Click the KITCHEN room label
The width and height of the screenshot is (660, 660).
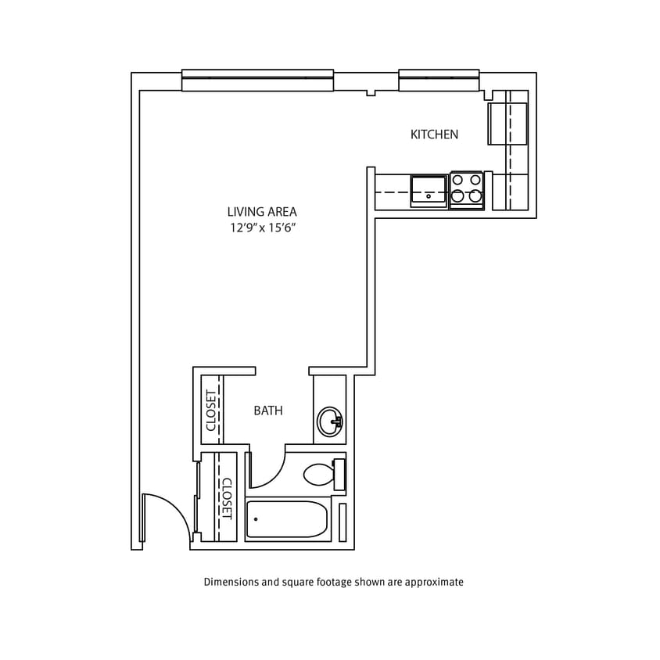434,135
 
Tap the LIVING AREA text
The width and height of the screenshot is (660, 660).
262,211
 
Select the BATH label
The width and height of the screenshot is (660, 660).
268,411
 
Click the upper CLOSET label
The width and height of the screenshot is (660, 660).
210,410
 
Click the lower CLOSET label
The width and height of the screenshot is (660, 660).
226,499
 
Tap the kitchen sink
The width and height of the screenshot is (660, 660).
429,191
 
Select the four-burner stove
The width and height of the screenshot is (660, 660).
467,190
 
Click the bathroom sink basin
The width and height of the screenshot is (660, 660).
329,422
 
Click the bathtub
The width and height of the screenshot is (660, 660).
286,519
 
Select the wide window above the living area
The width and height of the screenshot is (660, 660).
257,80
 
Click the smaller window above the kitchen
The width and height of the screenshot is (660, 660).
439,80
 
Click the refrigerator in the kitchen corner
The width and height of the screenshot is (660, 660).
508,124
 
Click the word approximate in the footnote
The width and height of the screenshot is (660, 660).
434,582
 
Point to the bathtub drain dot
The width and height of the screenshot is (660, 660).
256,519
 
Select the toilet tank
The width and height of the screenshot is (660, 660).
339,475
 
